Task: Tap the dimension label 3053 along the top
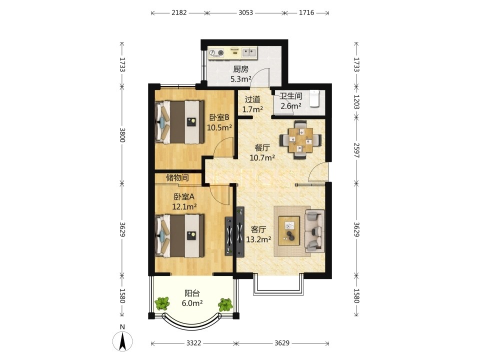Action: click(x=245, y=12)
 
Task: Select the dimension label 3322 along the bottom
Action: click(x=194, y=343)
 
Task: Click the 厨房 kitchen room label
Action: click(x=240, y=69)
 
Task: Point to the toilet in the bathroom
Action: click(x=314, y=98)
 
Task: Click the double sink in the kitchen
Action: click(x=249, y=52)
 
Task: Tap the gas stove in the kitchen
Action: click(x=216, y=53)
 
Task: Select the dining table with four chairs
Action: click(x=300, y=139)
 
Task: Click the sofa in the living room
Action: click(x=314, y=231)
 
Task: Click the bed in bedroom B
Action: click(x=179, y=122)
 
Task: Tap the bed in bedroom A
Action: click(x=179, y=235)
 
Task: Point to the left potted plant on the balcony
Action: click(x=162, y=304)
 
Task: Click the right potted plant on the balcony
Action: click(x=225, y=304)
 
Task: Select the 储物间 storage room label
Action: click(x=177, y=177)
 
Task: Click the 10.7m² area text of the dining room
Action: click(x=262, y=158)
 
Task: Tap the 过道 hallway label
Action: click(x=252, y=99)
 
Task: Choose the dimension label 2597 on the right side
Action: click(x=356, y=150)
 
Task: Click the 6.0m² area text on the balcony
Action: click(x=192, y=303)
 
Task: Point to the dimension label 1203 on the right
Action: click(x=356, y=101)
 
